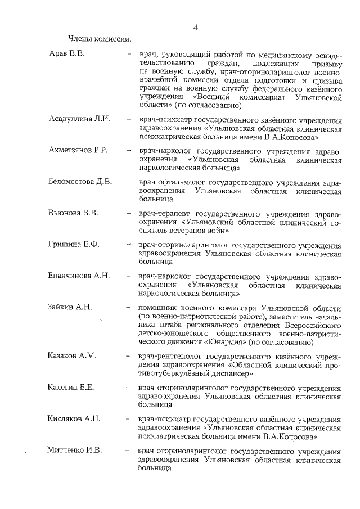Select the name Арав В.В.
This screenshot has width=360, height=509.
(x=66, y=54)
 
